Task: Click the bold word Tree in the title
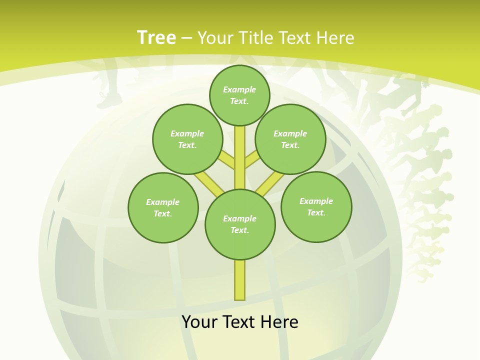click(156, 38)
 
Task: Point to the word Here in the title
click(335, 38)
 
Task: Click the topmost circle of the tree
click(239, 95)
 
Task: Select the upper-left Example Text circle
click(187, 139)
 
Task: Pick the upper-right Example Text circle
click(290, 139)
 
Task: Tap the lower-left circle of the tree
click(163, 207)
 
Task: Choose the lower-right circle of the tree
click(316, 206)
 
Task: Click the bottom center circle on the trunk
click(240, 224)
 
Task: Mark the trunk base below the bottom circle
click(240, 280)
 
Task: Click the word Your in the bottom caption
click(200, 322)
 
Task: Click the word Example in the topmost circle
click(239, 89)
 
